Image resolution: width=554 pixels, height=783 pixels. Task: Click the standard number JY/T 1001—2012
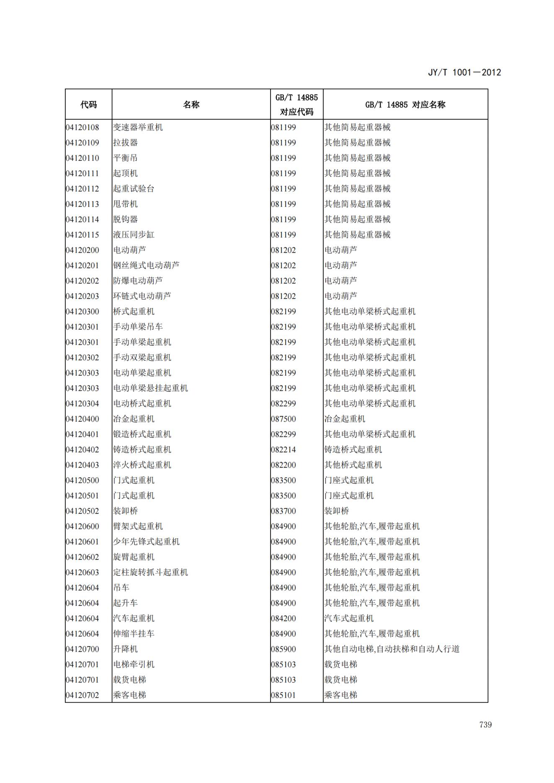coord(464,72)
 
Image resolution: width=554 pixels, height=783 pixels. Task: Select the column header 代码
coord(88,105)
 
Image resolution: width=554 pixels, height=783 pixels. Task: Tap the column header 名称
coord(191,105)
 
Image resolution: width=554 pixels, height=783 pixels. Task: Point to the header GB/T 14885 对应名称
coord(405,105)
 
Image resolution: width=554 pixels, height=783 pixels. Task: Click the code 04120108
coord(82,127)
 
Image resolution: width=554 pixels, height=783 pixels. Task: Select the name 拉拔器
coord(125,143)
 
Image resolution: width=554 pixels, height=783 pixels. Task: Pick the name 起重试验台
coord(134,189)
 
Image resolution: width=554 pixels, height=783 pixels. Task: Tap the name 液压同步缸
coord(134,235)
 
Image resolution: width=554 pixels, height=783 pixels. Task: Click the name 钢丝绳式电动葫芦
coord(146,265)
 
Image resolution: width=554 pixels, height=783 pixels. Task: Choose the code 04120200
coord(82,250)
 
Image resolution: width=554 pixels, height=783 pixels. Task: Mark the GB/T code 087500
coord(283,419)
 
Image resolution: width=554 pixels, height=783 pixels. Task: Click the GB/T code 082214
coord(283,450)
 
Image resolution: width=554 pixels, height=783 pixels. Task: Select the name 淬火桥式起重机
coord(142,465)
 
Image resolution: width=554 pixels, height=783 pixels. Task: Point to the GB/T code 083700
coord(283,511)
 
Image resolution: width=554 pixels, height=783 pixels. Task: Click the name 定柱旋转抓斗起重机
coord(150,572)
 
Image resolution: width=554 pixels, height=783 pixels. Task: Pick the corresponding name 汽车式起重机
coord(349,619)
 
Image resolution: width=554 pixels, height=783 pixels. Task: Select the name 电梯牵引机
coord(134,665)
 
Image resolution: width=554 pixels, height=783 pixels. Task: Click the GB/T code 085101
coord(283,695)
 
